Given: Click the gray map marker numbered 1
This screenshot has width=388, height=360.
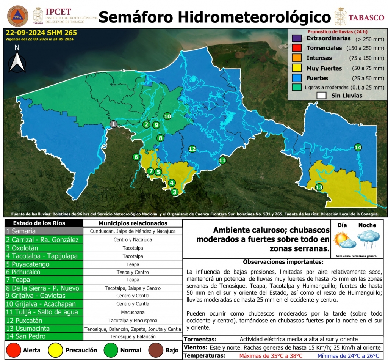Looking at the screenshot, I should pyautogui.click(x=113, y=124).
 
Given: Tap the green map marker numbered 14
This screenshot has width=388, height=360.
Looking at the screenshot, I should pyautogui.click(x=358, y=147).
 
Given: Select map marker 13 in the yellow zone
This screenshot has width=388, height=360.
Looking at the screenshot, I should pyautogui.click(x=319, y=187).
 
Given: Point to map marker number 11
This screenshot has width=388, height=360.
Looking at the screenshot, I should pyautogui.click(x=222, y=160).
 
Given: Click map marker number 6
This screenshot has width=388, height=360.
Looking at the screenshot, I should pyautogui.click(x=136, y=157).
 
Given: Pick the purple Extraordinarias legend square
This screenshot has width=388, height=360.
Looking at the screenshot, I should pyautogui.click(x=297, y=38).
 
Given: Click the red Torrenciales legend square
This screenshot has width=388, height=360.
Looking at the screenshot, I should pyautogui.click(x=297, y=48).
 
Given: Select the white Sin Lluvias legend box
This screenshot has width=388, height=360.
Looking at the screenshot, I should pyautogui.click(x=322, y=96).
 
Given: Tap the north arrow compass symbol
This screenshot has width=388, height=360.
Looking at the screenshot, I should pyautogui.click(x=17, y=60).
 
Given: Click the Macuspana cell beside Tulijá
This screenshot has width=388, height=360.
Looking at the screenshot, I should pyautogui.click(x=132, y=312).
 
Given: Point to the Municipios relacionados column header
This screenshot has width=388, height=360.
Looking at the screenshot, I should pyautogui.click(x=133, y=223).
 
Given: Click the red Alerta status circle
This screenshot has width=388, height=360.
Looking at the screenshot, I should pyautogui.click(x=14, y=350).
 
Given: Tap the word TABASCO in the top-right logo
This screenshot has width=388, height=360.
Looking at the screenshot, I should pyautogui.click(x=366, y=18).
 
